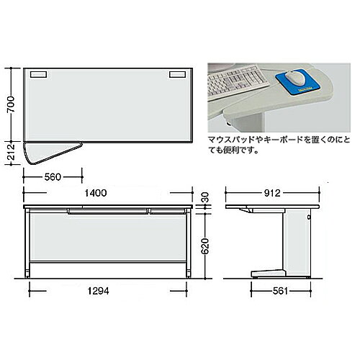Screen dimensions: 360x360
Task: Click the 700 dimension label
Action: tap(11, 104)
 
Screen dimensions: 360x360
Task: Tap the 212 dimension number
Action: tap(11, 153)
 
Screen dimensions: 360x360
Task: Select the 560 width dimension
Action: tap(53, 177)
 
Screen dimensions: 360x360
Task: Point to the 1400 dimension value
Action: tap(96, 193)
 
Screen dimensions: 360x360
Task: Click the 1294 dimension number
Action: tap(98, 291)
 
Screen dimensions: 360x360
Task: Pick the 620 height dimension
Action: tap(205, 246)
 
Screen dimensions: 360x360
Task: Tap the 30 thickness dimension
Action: tap(205, 197)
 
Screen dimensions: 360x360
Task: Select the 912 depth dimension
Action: tap(272, 193)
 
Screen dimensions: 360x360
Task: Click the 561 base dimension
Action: tap(280, 291)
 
